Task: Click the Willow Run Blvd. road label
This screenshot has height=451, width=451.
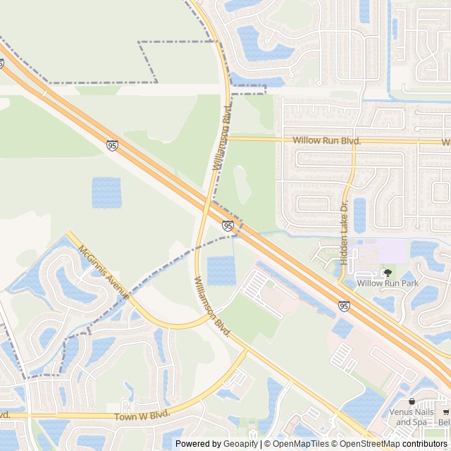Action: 327,141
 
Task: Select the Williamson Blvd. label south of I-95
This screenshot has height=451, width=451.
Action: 213,306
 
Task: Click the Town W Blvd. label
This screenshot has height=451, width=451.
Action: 142,416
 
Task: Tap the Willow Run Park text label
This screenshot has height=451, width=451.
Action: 387,283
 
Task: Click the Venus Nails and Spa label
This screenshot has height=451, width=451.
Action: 412,417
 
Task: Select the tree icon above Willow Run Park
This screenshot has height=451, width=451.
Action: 386,272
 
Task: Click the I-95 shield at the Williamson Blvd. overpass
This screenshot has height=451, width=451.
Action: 228,225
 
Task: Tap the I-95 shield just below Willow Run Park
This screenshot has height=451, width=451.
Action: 343,306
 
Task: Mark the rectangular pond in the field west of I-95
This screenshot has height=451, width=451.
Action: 106,192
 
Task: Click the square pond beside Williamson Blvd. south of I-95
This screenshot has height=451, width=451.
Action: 221,271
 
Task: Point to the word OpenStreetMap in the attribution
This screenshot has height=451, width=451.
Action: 370,444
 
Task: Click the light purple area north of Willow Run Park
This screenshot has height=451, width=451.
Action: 384,250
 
